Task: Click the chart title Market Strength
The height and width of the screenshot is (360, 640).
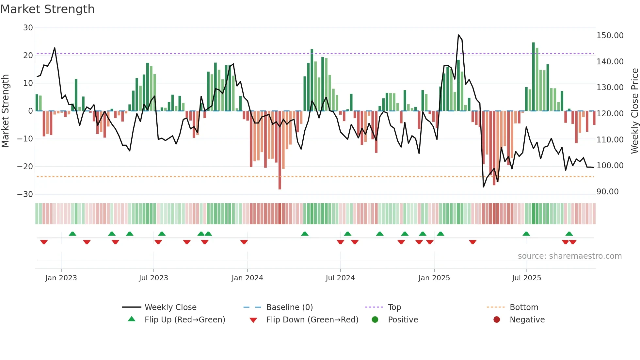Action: tap(47, 9)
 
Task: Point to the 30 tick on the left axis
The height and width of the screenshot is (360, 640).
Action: tap(28, 28)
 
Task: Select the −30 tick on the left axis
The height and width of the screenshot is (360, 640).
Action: tap(25, 194)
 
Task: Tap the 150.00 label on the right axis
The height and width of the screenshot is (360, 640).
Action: tap(610, 36)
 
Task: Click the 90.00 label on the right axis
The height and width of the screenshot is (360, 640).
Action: tap(607, 192)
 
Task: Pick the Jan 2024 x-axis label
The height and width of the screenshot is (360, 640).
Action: tap(247, 278)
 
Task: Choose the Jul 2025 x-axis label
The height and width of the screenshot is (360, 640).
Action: tap(526, 278)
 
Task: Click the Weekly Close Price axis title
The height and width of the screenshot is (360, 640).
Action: tap(634, 111)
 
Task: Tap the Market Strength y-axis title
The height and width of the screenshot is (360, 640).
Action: tap(5, 111)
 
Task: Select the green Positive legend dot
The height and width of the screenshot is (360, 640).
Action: tap(375, 320)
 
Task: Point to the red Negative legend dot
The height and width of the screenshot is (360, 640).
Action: tap(497, 320)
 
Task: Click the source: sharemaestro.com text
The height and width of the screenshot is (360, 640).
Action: tap(569, 256)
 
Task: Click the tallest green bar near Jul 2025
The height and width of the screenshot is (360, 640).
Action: tap(534, 77)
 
